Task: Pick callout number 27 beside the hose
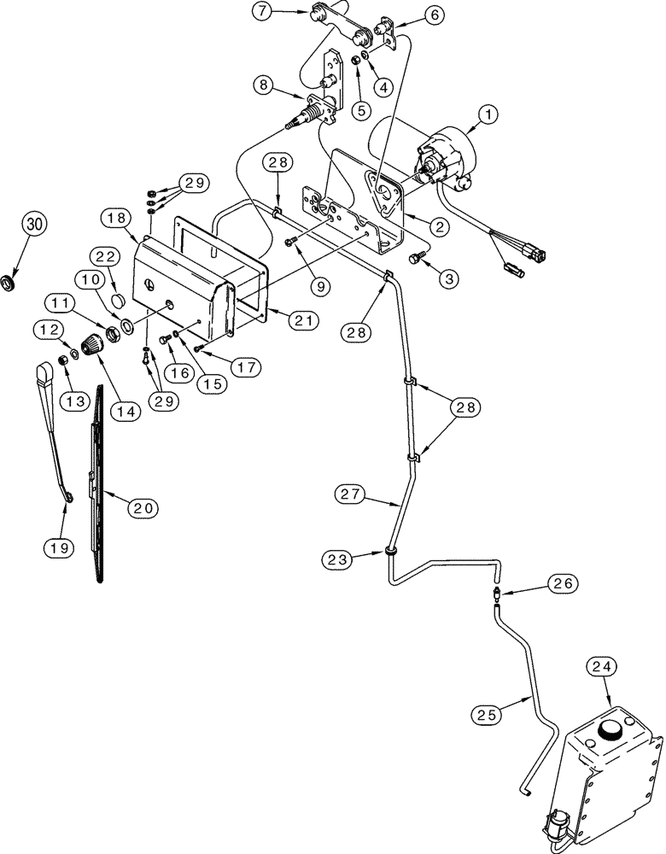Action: [x=352, y=494]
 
